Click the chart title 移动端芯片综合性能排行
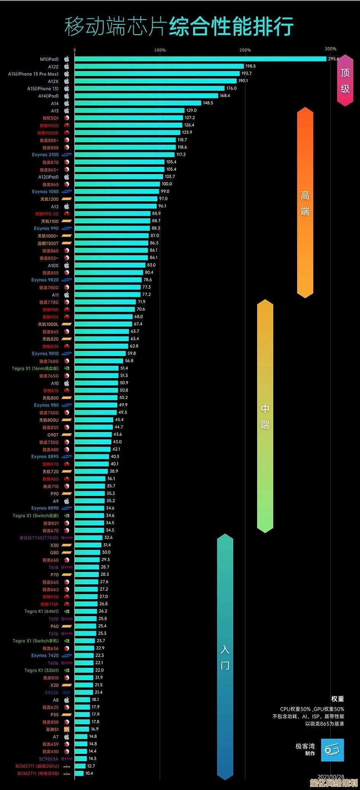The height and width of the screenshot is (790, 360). point(179,27)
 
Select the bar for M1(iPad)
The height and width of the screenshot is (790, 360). point(200,59)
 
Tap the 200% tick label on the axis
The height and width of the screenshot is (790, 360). point(245,50)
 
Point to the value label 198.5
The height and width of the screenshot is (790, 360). point(250,66)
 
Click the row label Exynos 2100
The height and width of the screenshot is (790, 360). point(45,155)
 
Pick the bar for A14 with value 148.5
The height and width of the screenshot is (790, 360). point(138,103)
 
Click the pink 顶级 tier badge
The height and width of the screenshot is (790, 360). point(345,80)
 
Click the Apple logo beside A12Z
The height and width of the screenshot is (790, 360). point(67,66)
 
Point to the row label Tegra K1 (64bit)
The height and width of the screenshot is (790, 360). point(42,611)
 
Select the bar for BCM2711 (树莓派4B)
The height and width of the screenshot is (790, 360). point(79,773)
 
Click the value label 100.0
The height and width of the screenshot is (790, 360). point(167,184)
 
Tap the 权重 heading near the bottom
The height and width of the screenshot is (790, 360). point(338,699)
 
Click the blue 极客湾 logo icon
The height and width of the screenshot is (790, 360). point(332,750)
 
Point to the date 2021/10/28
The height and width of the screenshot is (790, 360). point(331,777)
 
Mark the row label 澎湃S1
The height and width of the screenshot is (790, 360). point(53,729)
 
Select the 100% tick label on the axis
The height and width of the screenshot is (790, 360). point(160,50)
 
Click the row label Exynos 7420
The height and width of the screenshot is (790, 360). point(45,655)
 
